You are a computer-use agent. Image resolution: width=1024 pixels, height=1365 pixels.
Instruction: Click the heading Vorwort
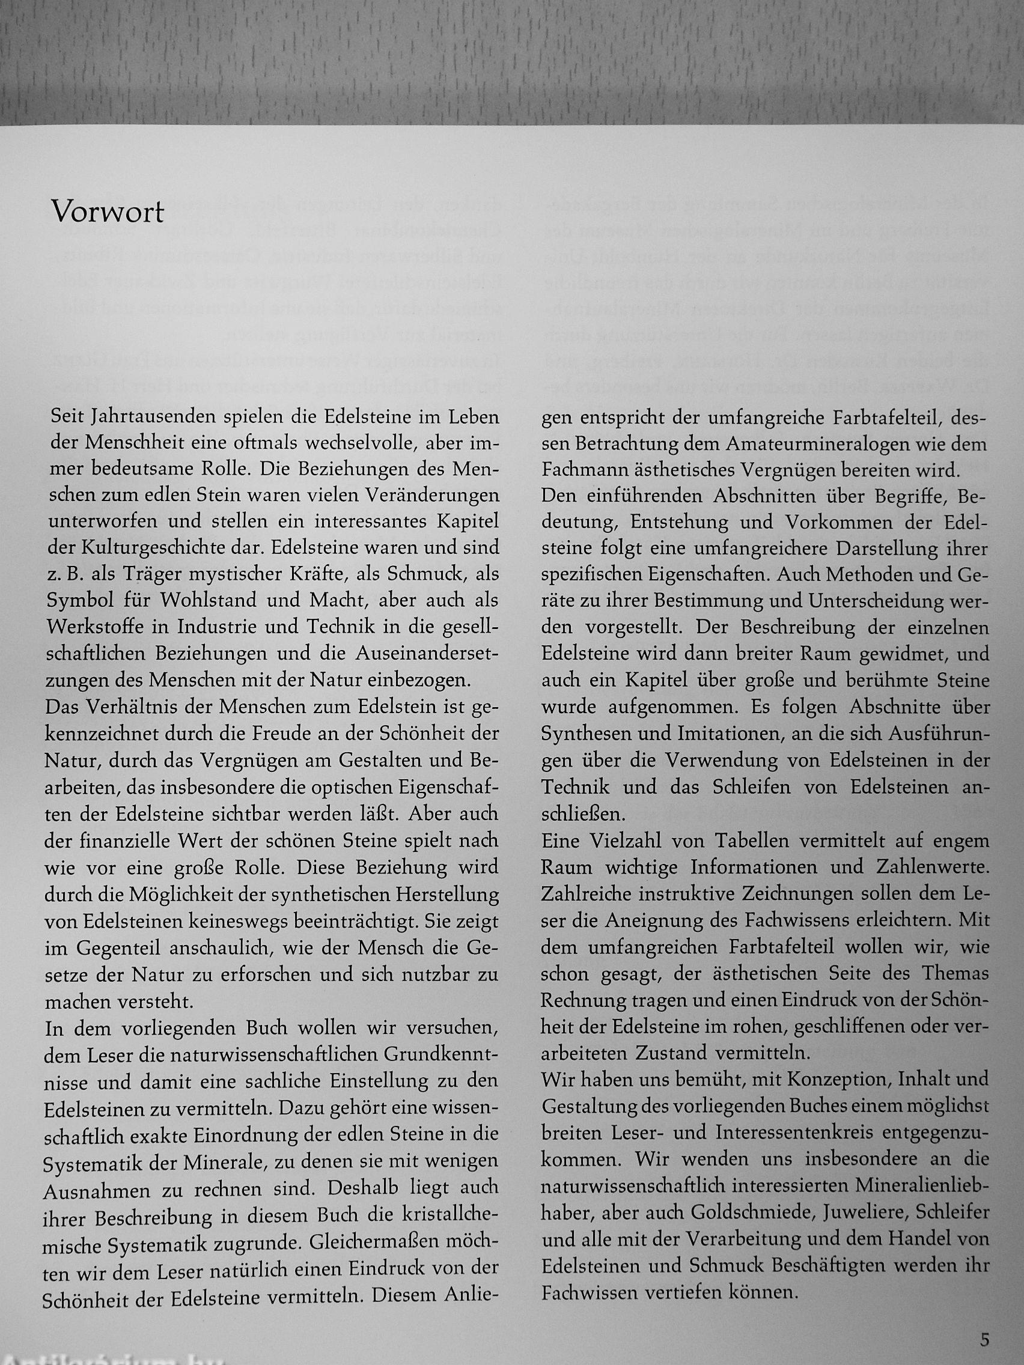(x=108, y=212)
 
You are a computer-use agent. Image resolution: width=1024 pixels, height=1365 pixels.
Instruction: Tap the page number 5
(x=984, y=1339)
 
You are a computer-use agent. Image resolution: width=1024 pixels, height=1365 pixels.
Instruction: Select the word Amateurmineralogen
(x=818, y=445)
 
